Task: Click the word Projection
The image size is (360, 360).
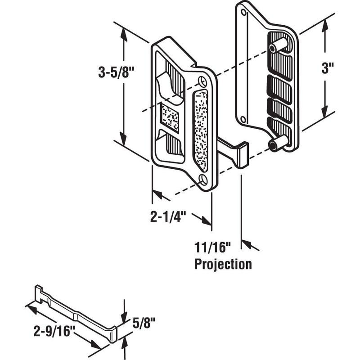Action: tap(223, 264)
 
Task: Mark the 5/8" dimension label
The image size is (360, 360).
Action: tap(144, 323)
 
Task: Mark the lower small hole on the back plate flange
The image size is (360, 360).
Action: tap(243, 119)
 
